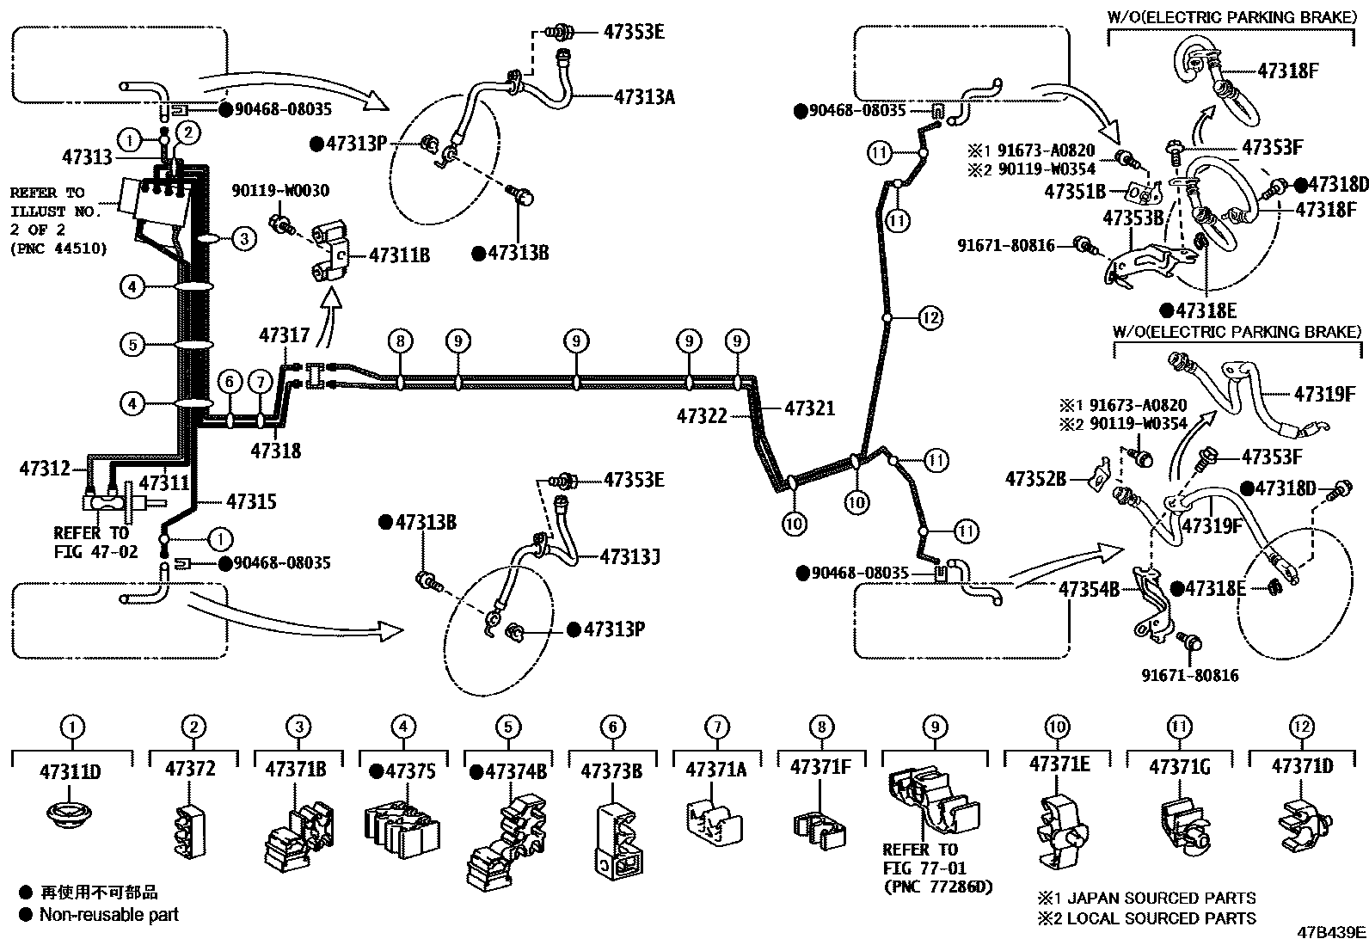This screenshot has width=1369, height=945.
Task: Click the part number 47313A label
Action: coord(644,97)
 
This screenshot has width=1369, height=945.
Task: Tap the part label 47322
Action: coord(703,416)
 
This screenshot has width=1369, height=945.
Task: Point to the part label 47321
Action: coord(809,409)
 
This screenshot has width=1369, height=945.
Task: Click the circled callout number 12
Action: coord(930,318)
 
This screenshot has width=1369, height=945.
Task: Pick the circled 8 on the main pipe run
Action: coord(400,341)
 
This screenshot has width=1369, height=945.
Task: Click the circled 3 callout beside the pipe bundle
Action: coord(243,238)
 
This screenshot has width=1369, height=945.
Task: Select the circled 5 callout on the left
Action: coord(132,345)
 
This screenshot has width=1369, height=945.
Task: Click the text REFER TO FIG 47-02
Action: coord(95,542)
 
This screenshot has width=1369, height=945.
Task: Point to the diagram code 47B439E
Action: coord(1331,932)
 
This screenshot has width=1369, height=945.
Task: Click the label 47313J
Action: coord(629,556)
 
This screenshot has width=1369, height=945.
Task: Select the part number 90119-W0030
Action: coord(280,191)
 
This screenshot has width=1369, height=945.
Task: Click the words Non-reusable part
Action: coord(108,915)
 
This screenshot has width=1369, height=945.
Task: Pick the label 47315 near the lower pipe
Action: coord(251,500)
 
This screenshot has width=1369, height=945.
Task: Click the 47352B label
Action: coord(1035,477)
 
